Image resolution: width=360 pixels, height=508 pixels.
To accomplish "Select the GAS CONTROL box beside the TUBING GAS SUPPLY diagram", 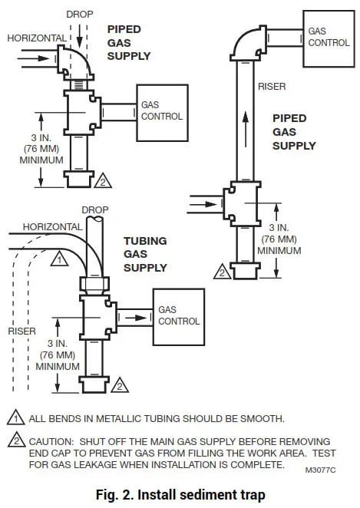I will [x=179, y=315].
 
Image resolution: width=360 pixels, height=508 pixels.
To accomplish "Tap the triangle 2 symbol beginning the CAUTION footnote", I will [x=15, y=443].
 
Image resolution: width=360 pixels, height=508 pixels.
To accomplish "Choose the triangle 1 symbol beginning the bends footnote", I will [x=15, y=419].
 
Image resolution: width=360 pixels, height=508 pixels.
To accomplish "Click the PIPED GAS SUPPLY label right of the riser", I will [x=294, y=132].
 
